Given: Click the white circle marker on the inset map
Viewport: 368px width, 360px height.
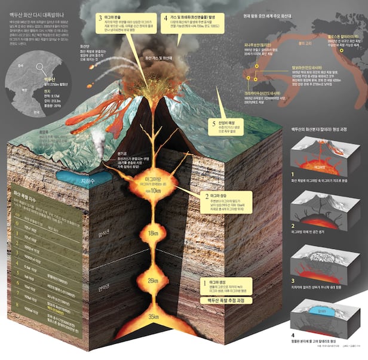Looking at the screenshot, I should pyautogui.click(x=41, y=68).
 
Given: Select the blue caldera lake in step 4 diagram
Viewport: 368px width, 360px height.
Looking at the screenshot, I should pyautogui.click(x=323, y=310).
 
